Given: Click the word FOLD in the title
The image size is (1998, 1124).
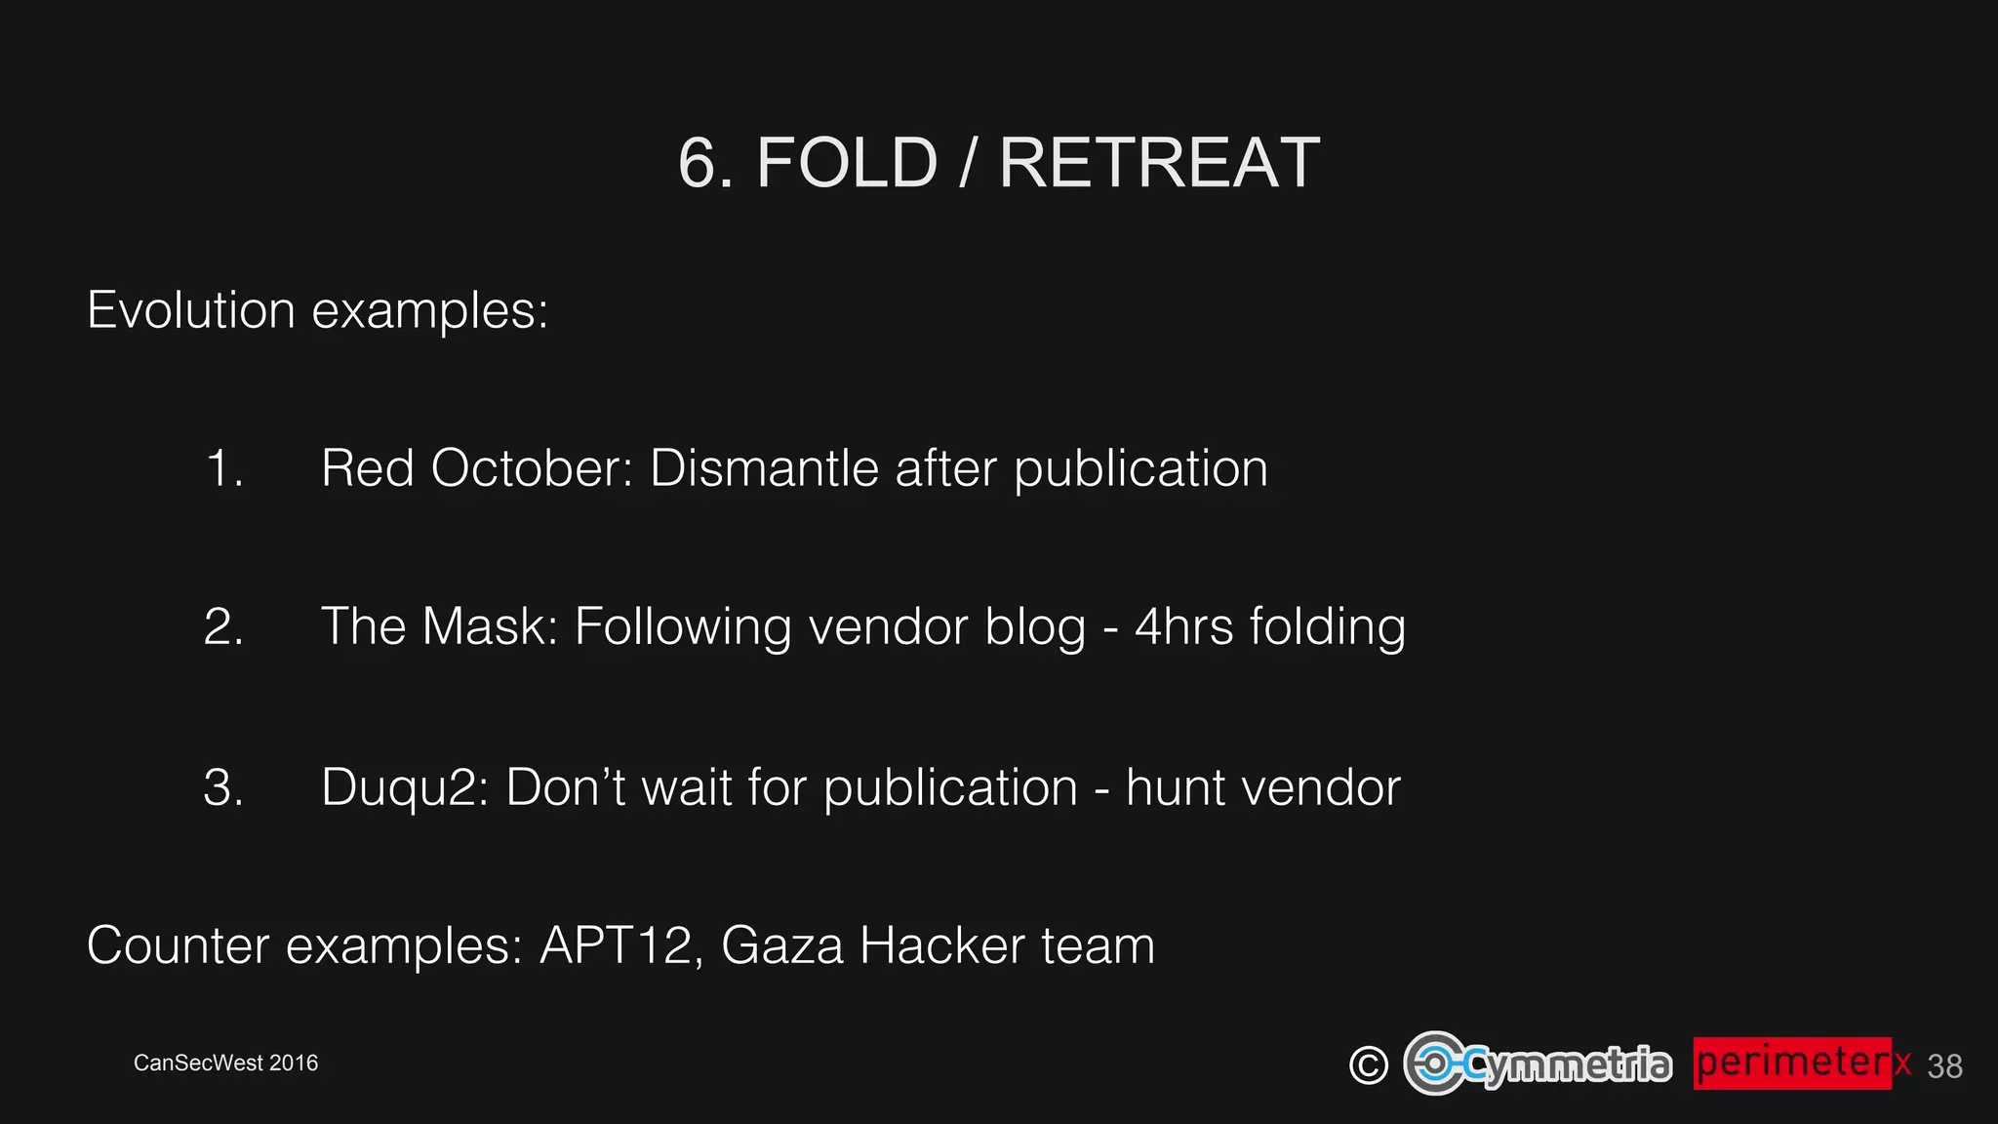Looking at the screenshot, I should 846,163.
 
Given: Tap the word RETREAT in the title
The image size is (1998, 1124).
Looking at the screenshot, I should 1159,163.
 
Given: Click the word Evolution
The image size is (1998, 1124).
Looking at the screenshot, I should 191,310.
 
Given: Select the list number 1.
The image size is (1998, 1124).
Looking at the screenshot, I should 223,468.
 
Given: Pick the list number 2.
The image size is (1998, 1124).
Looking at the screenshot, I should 223,626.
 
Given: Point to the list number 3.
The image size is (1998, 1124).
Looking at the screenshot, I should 223,786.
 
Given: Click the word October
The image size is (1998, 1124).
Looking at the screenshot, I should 532,468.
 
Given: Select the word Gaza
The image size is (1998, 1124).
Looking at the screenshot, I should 782,945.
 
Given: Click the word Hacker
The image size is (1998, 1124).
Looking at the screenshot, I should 942,945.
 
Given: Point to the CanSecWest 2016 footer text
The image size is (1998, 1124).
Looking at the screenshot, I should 225,1063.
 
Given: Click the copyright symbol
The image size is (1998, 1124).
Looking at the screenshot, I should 1368,1064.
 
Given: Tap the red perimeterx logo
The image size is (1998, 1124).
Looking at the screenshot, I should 1801,1063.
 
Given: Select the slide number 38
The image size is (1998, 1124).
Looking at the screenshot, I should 1944,1066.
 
